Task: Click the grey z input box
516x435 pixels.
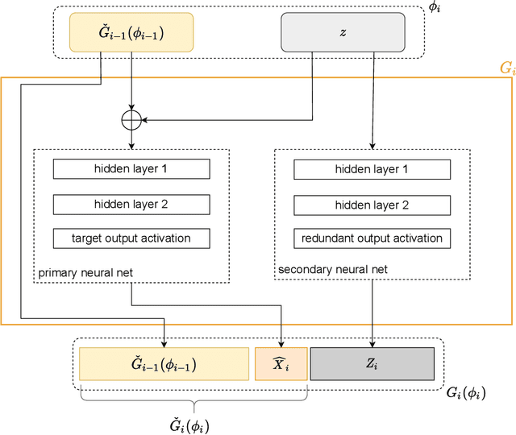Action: (x=343, y=32)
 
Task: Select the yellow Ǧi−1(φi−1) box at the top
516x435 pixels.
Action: (x=131, y=32)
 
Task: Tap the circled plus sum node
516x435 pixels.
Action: (x=131, y=120)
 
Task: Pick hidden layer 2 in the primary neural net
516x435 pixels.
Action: (x=131, y=204)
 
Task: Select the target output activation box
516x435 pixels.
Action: (x=131, y=238)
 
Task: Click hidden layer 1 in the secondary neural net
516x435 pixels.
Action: (x=371, y=169)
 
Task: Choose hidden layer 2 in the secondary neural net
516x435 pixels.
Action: (x=371, y=204)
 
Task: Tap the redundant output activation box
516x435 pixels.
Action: (x=371, y=238)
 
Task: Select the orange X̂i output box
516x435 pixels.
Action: (x=281, y=364)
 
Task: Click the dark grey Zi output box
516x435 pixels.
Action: (x=372, y=364)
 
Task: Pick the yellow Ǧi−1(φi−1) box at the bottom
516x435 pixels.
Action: (x=164, y=364)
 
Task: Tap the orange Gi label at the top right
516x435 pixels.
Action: (x=506, y=69)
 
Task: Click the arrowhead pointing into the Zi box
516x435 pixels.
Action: (x=372, y=343)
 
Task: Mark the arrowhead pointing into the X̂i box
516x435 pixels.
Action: (x=281, y=343)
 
